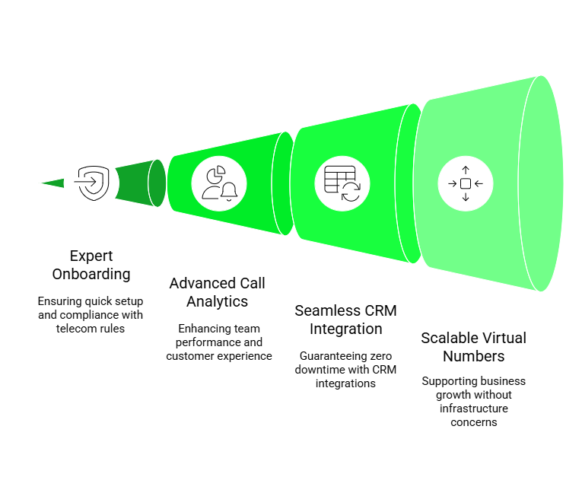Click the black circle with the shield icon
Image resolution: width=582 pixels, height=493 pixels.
[91, 183]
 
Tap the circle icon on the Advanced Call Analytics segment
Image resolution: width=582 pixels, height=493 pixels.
[219, 183]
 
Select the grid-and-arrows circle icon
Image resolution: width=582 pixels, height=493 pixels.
[342, 183]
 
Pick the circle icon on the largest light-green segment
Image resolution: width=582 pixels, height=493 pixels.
[466, 183]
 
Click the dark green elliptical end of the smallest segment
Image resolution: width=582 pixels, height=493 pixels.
[157, 183]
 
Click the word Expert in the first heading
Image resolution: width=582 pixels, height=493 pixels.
[91, 256]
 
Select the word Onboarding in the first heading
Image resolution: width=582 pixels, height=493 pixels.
[91, 274]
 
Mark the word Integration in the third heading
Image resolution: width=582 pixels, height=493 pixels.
[346, 329]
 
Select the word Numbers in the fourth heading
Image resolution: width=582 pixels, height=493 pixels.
[473, 356]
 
